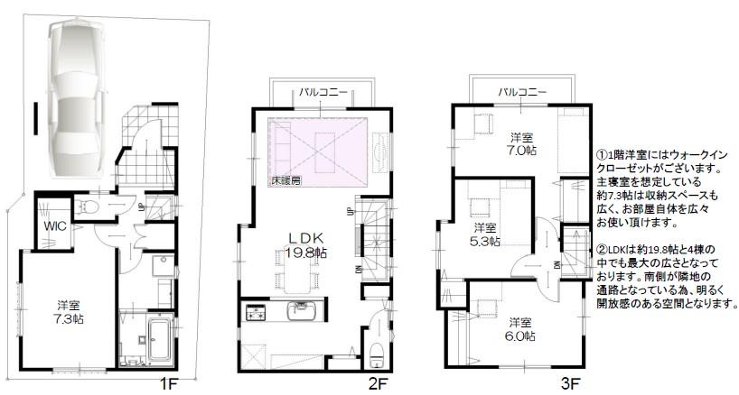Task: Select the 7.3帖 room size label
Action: coord(66,320)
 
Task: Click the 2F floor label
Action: coord(378,384)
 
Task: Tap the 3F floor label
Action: coord(569,384)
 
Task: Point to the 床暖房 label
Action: coord(286,179)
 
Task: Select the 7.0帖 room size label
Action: coord(520,152)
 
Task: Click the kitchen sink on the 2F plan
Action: coord(299,312)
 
